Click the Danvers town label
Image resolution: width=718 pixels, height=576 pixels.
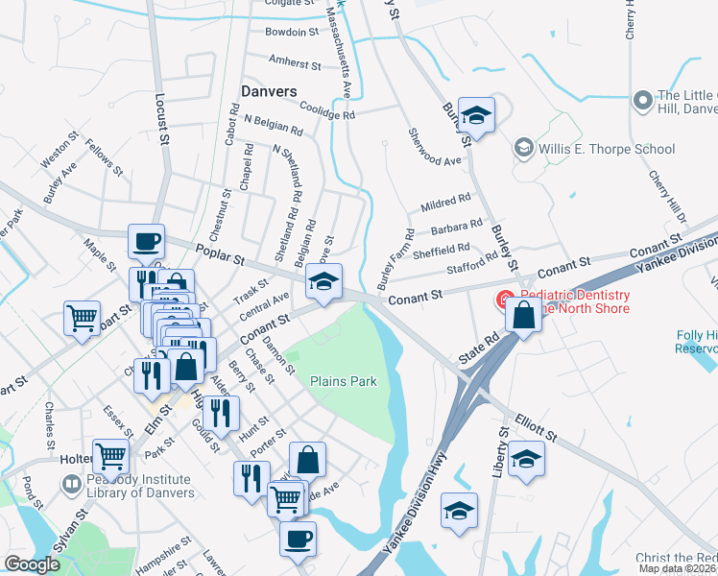click(268, 90)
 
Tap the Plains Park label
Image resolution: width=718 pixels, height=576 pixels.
click(343, 381)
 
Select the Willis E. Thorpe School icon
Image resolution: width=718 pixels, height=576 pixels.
click(523, 148)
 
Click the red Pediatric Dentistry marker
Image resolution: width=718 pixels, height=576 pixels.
click(503, 300)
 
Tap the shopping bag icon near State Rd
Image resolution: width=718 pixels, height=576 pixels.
click(524, 314)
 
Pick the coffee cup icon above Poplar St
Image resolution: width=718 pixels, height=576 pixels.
click(147, 242)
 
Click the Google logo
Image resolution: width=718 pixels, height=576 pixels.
click(32, 564)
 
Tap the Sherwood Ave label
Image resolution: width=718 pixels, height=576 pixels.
click(435, 148)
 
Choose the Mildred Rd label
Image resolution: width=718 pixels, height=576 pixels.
click(445, 203)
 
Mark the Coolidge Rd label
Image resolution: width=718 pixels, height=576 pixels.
click(327, 110)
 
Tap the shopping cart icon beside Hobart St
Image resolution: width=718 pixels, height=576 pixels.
click(82, 318)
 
